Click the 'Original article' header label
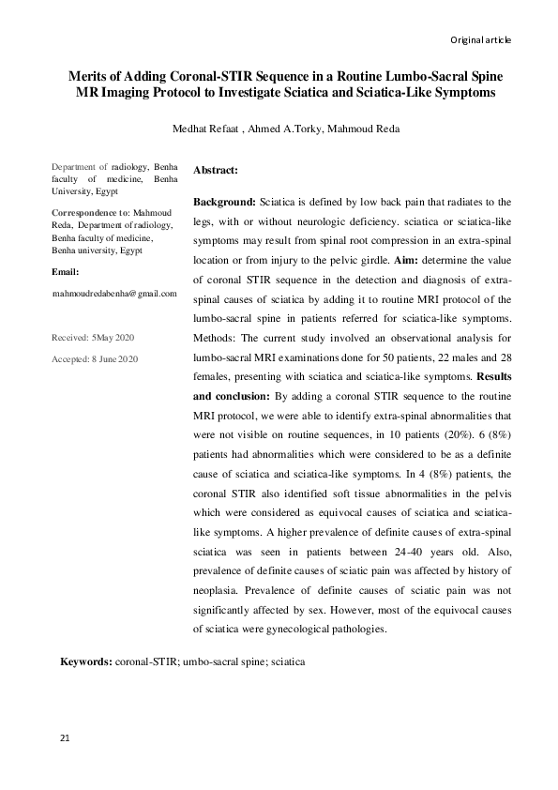click(480, 39)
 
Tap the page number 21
click(65, 739)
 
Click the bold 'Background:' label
click(224, 202)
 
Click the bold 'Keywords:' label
click(86, 661)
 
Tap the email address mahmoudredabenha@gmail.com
click(114, 294)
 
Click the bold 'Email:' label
click(65, 271)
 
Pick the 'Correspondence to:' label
click(91, 214)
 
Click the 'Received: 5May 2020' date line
click(94, 336)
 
